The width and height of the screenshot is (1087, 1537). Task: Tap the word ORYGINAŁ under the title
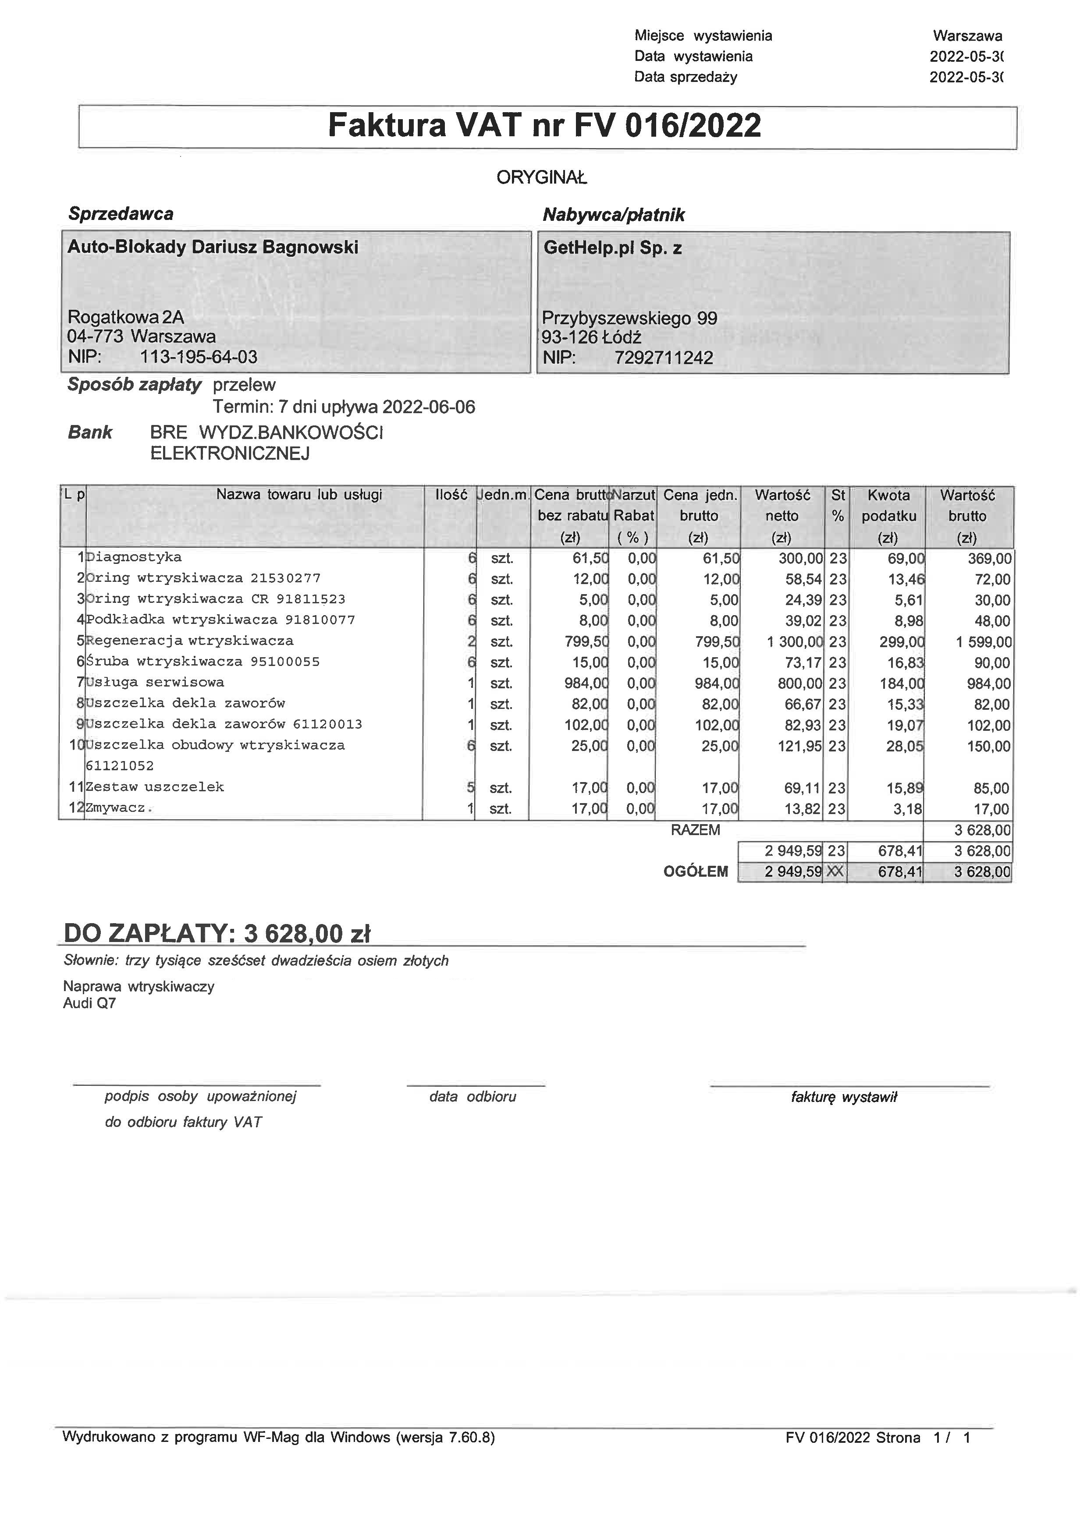pyautogui.click(x=541, y=178)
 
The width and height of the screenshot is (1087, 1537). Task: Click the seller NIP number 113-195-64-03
pyautogui.click(x=198, y=357)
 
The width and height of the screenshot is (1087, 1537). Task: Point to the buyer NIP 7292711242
pyautogui.click(x=663, y=358)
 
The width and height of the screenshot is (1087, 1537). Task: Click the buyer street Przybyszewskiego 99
pyautogui.click(x=629, y=318)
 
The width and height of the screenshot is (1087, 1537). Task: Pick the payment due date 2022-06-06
pyautogui.click(x=429, y=407)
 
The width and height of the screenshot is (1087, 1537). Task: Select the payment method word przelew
pyautogui.click(x=244, y=385)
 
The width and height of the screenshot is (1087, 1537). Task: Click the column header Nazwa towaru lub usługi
pyautogui.click(x=299, y=495)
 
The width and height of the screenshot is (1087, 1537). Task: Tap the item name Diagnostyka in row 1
pyautogui.click(x=134, y=557)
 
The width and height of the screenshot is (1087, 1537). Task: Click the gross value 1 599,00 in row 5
pyautogui.click(x=983, y=642)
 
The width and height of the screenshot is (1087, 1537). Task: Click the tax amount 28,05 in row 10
pyautogui.click(x=904, y=746)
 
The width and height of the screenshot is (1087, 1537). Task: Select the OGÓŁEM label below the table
pyautogui.click(x=695, y=871)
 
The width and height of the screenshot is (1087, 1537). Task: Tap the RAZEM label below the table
pyautogui.click(x=695, y=830)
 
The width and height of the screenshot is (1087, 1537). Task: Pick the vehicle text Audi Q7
pyautogui.click(x=89, y=1003)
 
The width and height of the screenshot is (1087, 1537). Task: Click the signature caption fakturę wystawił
pyautogui.click(x=843, y=1097)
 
